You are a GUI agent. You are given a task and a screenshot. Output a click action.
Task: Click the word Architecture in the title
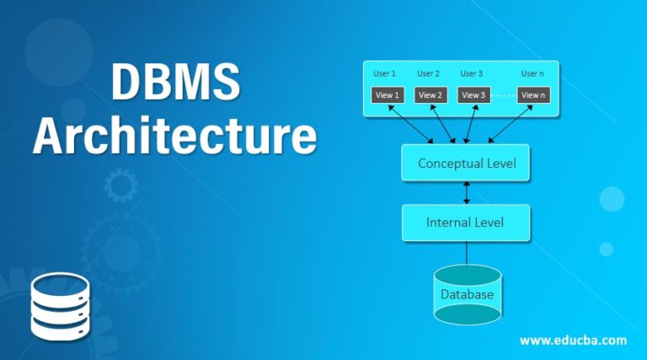(x=175, y=137)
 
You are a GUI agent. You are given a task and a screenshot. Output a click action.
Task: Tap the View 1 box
(x=388, y=94)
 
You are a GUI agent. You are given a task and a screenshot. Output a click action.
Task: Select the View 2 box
(x=430, y=94)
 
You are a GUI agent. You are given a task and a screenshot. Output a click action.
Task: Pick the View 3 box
(x=473, y=94)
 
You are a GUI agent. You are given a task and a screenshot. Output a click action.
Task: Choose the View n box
(x=533, y=94)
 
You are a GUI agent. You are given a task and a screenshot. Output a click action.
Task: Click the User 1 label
(x=385, y=73)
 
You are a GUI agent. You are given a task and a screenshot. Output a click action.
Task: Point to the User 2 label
(x=429, y=73)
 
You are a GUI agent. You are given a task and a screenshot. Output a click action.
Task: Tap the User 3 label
(x=472, y=73)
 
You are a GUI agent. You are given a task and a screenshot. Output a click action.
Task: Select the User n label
(x=532, y=73)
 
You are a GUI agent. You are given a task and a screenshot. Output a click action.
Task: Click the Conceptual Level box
(x=466, y=163)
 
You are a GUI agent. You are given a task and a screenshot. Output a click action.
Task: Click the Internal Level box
(x=466, y=223)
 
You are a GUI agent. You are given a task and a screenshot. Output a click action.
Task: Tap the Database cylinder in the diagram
(x=467, y=295)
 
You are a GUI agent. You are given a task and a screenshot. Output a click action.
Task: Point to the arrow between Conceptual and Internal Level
(x=467, y=193)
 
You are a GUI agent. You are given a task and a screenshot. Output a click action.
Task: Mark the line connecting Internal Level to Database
(x=467, y=252)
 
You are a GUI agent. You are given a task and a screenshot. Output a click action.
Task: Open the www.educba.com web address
(x=573, y=341)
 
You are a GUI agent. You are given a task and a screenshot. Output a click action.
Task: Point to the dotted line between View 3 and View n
(x=503, y=94)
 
